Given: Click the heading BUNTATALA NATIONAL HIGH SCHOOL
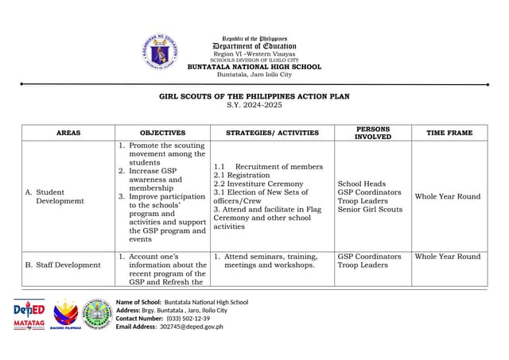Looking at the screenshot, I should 254,67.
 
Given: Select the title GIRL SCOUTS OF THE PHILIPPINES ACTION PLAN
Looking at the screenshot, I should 254,96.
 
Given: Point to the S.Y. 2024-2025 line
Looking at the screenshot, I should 254,105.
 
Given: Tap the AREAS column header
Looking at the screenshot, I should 68,133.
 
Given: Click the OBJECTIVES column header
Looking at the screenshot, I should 162,133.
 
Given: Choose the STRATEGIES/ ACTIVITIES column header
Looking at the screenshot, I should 272,133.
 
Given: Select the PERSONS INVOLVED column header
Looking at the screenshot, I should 372,133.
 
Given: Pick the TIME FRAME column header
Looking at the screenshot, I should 449,133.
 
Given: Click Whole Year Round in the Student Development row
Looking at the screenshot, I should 448,196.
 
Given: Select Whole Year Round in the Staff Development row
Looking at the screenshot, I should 448,257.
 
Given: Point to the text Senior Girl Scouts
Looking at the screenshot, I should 370,209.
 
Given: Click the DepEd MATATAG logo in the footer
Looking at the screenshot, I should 29,315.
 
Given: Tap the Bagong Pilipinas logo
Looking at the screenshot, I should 67,315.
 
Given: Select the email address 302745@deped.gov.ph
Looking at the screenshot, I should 192,327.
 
